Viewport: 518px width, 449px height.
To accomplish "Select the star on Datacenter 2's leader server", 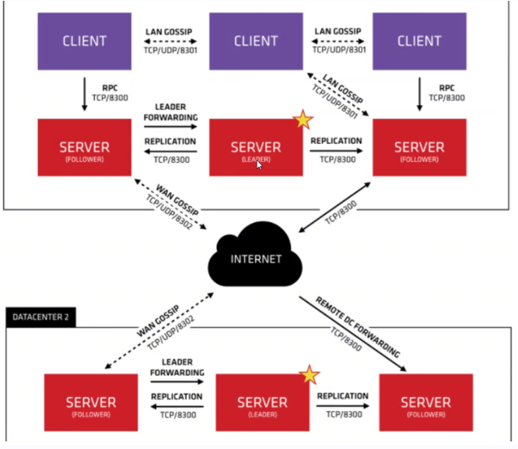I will pos(310,375).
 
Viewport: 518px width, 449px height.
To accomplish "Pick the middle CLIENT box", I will pos(255,41).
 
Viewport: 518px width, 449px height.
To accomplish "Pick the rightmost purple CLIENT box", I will pos(420,40).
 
